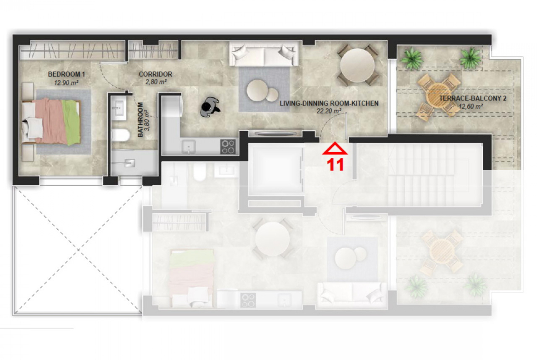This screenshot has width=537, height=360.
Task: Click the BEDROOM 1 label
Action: point(67,74)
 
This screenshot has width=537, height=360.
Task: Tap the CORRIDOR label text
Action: point(156,74)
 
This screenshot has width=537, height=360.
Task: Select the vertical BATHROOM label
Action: point(140,120)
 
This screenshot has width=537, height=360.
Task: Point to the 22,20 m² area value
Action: point(329,111)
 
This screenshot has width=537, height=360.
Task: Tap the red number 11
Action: point(336,165)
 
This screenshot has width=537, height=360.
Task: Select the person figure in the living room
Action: point(210,107)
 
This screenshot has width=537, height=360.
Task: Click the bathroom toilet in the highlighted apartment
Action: point(121,135)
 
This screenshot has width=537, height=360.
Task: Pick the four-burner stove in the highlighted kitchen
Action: point(228,146)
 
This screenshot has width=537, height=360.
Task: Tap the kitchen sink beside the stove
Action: point(188,147)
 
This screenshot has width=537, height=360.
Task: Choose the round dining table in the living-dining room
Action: point(358,65)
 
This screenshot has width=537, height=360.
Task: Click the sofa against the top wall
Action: point(263,54)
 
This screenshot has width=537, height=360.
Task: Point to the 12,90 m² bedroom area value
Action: point(67,83)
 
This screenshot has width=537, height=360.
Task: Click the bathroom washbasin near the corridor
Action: point(119,109)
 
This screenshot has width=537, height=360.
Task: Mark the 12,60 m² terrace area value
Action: point(470,106)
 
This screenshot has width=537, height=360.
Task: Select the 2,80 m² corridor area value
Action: point(156,82)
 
